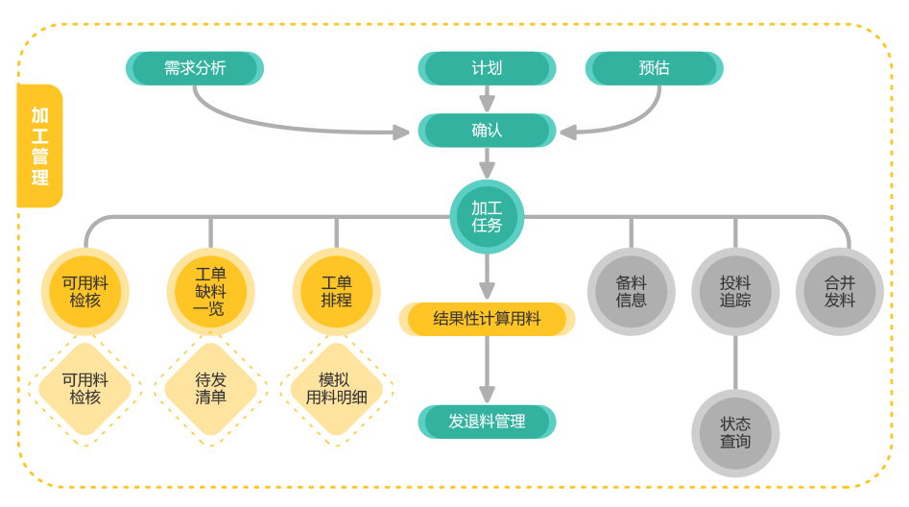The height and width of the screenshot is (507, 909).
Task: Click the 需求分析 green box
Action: (195, 68)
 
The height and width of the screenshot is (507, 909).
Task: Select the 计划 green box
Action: (487, 68)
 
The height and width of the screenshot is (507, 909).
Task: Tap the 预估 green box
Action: (654, 68)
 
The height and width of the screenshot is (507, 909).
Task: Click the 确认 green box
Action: (487, 130)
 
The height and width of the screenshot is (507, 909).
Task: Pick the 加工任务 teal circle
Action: (487, 217)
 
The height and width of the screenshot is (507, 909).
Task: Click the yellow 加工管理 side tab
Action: (39, 146)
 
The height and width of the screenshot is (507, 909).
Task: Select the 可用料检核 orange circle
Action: (85, 292)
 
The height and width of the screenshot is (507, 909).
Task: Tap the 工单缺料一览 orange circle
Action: (210, 292)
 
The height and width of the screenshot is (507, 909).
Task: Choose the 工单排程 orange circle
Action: (336, 292)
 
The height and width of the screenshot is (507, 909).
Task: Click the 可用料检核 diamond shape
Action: (85, 389)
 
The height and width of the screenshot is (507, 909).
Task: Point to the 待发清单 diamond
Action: (210, 389)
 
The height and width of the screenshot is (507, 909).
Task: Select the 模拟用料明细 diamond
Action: (336, 389)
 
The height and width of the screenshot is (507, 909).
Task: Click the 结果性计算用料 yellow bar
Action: (487, 319)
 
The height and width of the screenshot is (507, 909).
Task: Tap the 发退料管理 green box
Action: (487, 422)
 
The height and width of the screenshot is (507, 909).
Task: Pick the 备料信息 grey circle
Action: (631, 292)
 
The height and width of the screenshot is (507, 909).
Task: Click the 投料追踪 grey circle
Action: (735, 292)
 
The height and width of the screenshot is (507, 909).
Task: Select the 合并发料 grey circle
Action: (839, 292)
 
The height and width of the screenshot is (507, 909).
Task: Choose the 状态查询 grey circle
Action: (735, 433)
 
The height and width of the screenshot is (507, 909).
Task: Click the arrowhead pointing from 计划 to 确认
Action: (487, 104)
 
